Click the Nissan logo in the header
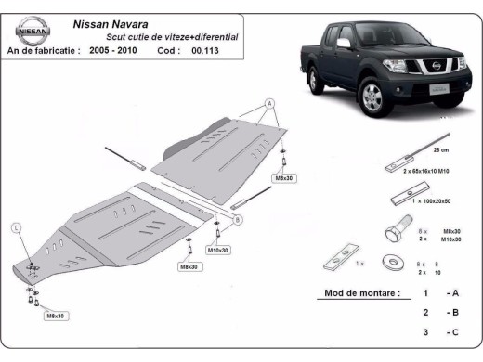click(30, 31)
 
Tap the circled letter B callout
click(237, 219)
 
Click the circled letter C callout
click(16, 227)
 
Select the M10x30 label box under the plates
click(218, 250)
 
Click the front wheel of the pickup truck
click(372, 97)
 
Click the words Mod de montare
click(362, 292)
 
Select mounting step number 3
click(425, 332)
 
